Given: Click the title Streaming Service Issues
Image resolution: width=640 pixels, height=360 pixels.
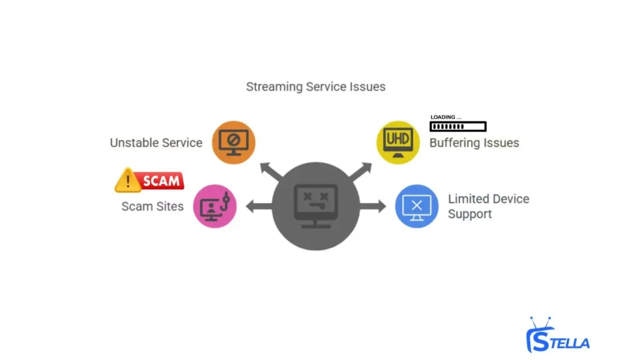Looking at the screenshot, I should [316, 87].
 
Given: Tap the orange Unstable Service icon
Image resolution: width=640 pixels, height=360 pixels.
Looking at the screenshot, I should [234, 142].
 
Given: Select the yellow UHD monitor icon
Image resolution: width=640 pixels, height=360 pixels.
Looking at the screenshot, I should [397, 142].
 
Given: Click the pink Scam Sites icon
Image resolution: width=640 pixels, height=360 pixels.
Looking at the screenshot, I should [215, 206].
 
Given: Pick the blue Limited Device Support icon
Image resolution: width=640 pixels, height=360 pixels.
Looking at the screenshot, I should [416, 206].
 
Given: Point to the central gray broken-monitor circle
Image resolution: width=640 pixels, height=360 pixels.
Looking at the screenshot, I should [316, 206].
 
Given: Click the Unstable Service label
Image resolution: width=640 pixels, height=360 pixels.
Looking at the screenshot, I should [156, 142].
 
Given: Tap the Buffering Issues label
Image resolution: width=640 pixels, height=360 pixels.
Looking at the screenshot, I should [474, 143].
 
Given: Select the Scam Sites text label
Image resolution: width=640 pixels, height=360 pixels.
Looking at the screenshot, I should [152, 206].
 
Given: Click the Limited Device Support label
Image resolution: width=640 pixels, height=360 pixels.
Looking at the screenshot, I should [488, 206].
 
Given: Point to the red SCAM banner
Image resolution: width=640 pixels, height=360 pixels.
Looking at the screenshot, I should [161, 181].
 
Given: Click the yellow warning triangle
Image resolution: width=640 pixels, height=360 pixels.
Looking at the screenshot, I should [128, 181].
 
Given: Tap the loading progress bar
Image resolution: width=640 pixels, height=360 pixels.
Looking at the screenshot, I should [457, 126].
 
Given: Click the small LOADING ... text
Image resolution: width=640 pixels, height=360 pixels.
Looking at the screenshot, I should [446, 117].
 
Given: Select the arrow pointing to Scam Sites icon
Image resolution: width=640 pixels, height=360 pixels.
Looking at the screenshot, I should [258, 206].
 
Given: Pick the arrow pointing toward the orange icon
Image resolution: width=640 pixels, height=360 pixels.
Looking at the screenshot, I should [269, 170].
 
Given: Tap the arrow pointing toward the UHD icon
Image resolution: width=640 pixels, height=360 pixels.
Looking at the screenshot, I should [362, 170].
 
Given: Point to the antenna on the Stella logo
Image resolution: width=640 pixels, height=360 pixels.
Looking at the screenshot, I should [541, 323].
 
